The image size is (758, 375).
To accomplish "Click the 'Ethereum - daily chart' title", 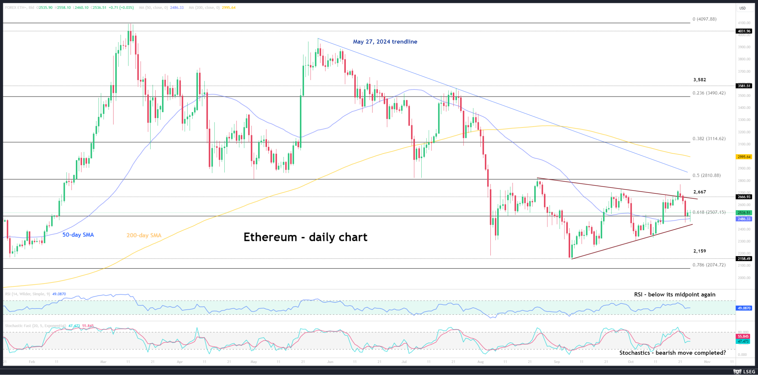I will [x=305, y=237].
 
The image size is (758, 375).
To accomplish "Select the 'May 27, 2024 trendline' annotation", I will [x=385, y=42].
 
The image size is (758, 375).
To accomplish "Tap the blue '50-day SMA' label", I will [x=78, y=235].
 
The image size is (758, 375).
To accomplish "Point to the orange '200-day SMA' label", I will [x=144, y=235].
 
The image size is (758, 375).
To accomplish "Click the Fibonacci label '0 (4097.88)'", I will [x=704, y=19].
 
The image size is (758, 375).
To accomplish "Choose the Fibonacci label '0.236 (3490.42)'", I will [x=709, y=93].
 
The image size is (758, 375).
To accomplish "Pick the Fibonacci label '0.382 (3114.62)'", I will [x=709, y=139].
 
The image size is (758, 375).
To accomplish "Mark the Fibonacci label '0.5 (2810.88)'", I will [x=706, y=175].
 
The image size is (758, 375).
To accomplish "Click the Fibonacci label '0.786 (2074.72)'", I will [x=709, y=265].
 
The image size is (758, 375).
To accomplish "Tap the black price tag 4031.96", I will [x=744, y=31].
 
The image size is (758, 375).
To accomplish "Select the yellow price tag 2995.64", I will [x=744, y=157].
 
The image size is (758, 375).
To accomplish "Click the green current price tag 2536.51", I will [x=744, y=213].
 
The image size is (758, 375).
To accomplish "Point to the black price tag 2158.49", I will [x=744, y=259].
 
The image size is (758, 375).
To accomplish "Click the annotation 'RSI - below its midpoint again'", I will [x=674, y=295].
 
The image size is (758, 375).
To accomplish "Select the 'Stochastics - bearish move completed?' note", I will [x=672, y=353].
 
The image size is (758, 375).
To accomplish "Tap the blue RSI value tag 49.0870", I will [x=744, y=308].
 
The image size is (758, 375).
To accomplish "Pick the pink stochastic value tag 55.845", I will [x=743, y=336].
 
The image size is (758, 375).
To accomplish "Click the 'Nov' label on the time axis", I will [x=707, y=362].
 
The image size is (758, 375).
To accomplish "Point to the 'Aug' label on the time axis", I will [x=480, y=362].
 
